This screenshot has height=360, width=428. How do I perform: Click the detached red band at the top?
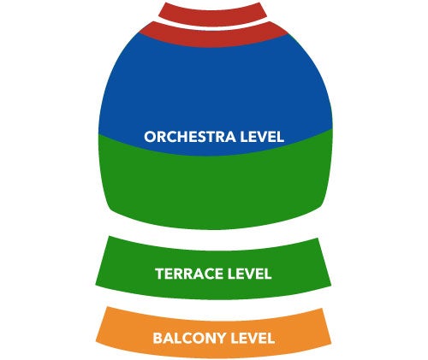[212, 15]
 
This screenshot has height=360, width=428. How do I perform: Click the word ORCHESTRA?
[190, 137]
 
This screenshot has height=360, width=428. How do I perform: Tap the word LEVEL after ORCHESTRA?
[262, 137]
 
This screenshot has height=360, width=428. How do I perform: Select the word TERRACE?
[189, 274]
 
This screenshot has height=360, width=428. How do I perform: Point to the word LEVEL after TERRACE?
[249, 274]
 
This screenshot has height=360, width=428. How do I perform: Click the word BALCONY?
[189, 339]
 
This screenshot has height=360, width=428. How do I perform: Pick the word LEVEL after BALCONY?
[253, 339]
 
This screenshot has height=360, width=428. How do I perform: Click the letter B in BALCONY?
[158, 339]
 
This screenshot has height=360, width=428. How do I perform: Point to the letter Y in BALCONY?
[221, 339]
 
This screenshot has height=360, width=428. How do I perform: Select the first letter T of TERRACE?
[160, 274]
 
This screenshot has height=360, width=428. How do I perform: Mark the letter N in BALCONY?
[209, 339]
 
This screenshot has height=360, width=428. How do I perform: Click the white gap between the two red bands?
[212, 27]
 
